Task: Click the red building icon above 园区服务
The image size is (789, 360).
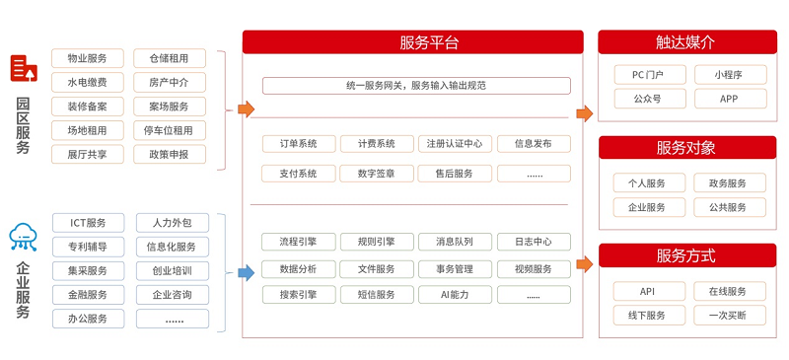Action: [24, 68]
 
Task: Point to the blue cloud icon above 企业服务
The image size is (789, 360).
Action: [23, 237]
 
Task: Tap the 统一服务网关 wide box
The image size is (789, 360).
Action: [415, 86]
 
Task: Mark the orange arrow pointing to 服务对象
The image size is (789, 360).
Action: [585, 182]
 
